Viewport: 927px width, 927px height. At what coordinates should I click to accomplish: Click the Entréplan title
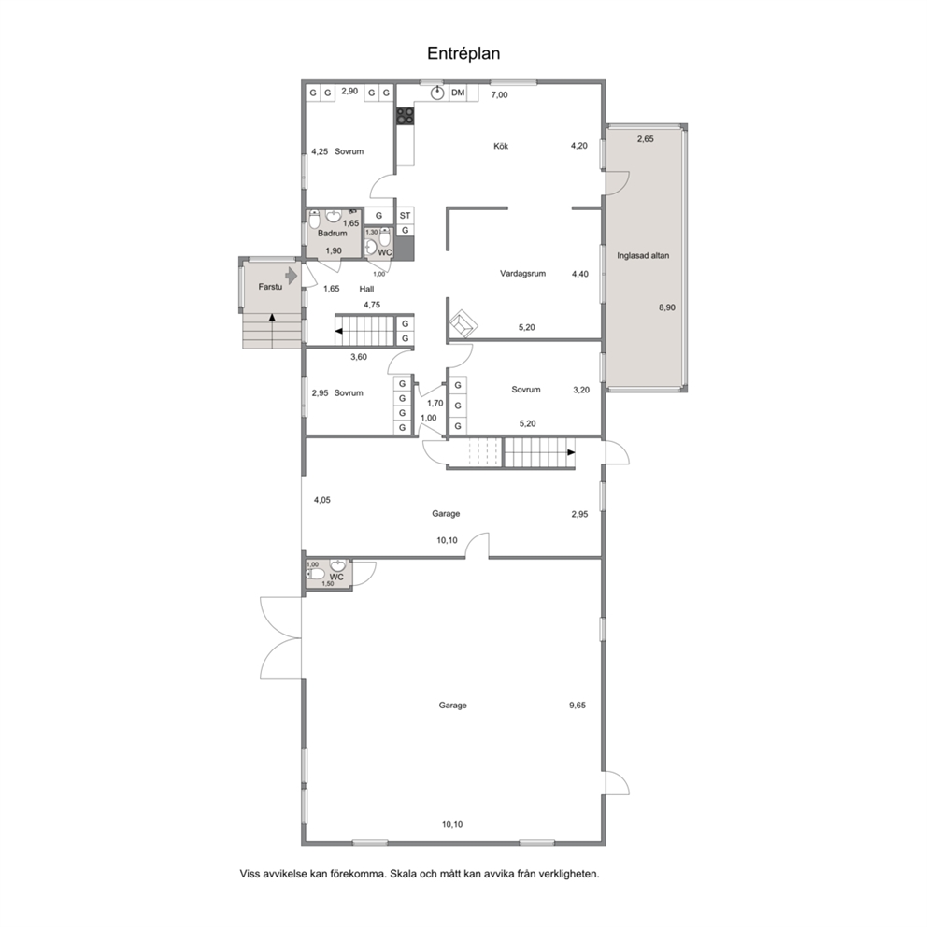pos(463,54)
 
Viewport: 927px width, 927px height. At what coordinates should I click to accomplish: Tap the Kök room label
pos(501,146)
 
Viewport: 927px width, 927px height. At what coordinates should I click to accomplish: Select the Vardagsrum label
pos(522,274)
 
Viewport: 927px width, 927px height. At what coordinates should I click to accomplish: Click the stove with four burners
pos(405,116)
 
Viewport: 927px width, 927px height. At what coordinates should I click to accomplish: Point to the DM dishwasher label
pos(458,93)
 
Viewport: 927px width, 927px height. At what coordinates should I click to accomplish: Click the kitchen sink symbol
pos(437,93)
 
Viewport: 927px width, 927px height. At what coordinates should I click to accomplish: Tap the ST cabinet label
pos(405,216)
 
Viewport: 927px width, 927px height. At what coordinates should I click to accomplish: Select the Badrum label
pos(333,234)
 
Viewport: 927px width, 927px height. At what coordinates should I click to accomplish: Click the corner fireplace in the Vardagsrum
pos(463,324)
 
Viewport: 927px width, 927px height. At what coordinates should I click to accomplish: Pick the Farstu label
pos(270,287)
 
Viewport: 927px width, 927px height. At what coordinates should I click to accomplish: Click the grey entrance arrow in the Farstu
pos(291,276)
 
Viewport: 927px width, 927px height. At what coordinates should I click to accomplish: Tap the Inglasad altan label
pos(643,256)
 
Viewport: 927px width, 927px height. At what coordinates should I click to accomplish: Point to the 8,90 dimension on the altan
pos(667,307)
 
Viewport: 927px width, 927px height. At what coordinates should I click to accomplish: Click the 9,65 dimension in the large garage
pos(578,706)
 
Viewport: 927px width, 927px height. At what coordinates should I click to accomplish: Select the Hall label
pos(366,289)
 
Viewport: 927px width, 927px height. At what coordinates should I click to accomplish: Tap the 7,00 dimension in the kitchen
pos(500,94)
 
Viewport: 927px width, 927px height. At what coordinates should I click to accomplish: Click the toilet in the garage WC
pos(315,574)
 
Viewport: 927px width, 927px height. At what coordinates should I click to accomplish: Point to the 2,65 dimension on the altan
pos(645,139)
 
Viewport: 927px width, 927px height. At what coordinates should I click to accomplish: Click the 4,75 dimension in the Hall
pos(372,305)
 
